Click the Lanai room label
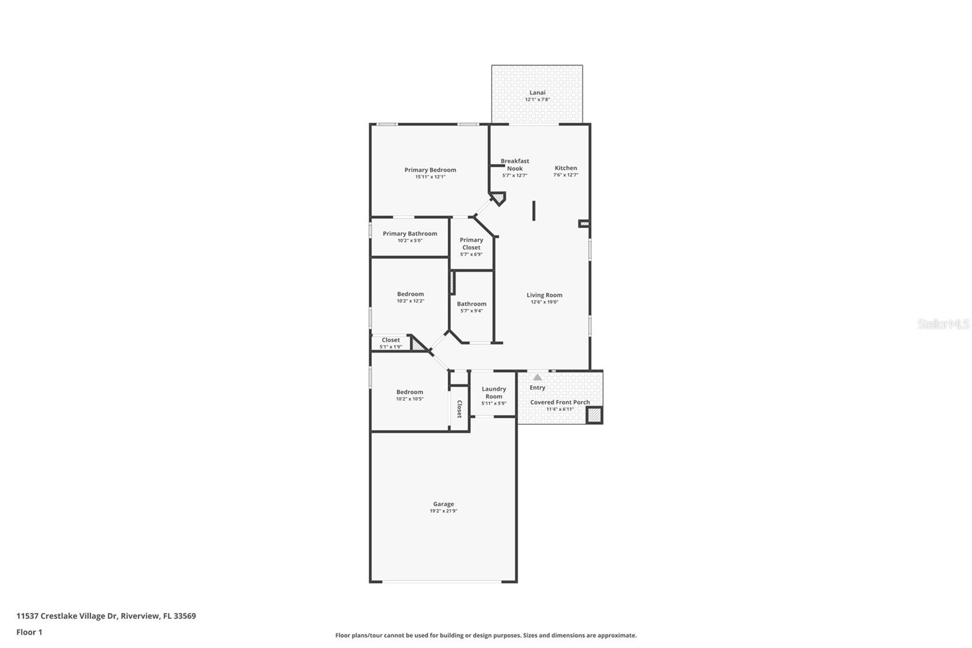pos(537,93)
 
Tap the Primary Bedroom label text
pos(430,170)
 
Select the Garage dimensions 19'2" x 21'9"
pos(443,511)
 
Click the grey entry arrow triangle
pos(537,377)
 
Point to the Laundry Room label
pos(493,393)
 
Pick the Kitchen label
pos(566,168)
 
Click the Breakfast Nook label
pos(515,165)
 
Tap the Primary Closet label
pos(471,244)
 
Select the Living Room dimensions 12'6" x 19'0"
pos(544,302)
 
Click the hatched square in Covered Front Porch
pos(594,415)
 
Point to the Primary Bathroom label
pos(409,234)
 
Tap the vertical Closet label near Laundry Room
pos(459,409)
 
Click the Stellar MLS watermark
pos(943,325)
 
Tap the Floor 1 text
pos(29,632)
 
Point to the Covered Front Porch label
pos(560,402)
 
